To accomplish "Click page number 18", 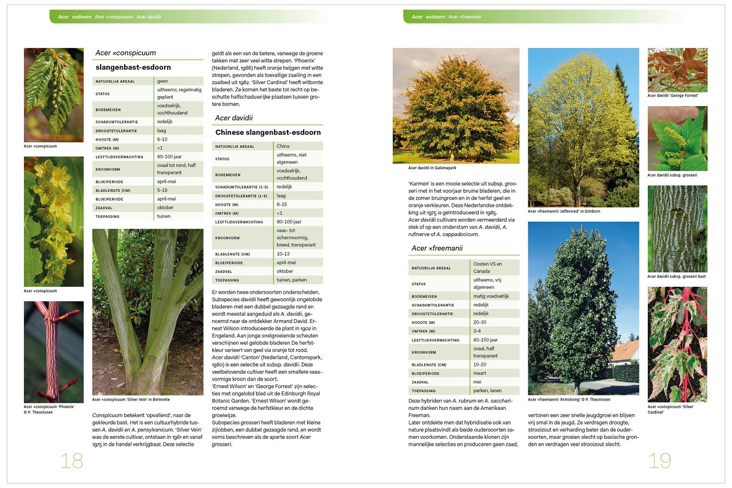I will point(72,461).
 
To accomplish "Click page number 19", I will point(659,461).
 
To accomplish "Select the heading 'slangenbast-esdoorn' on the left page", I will point(133,67).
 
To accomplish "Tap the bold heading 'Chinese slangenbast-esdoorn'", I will point(268,133).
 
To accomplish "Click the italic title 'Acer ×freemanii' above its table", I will point(437,248).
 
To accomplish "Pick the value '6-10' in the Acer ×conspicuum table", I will point(162,139).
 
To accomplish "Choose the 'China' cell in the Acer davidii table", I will point(283,146).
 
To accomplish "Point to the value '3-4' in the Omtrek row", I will point(478,331).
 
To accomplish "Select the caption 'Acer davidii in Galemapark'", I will point(432,168).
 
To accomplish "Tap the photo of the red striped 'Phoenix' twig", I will point(54,351).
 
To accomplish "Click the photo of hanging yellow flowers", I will point(54,222).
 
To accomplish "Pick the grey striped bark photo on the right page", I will point(677,229).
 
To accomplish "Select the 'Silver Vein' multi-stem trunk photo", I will point(148,311).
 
